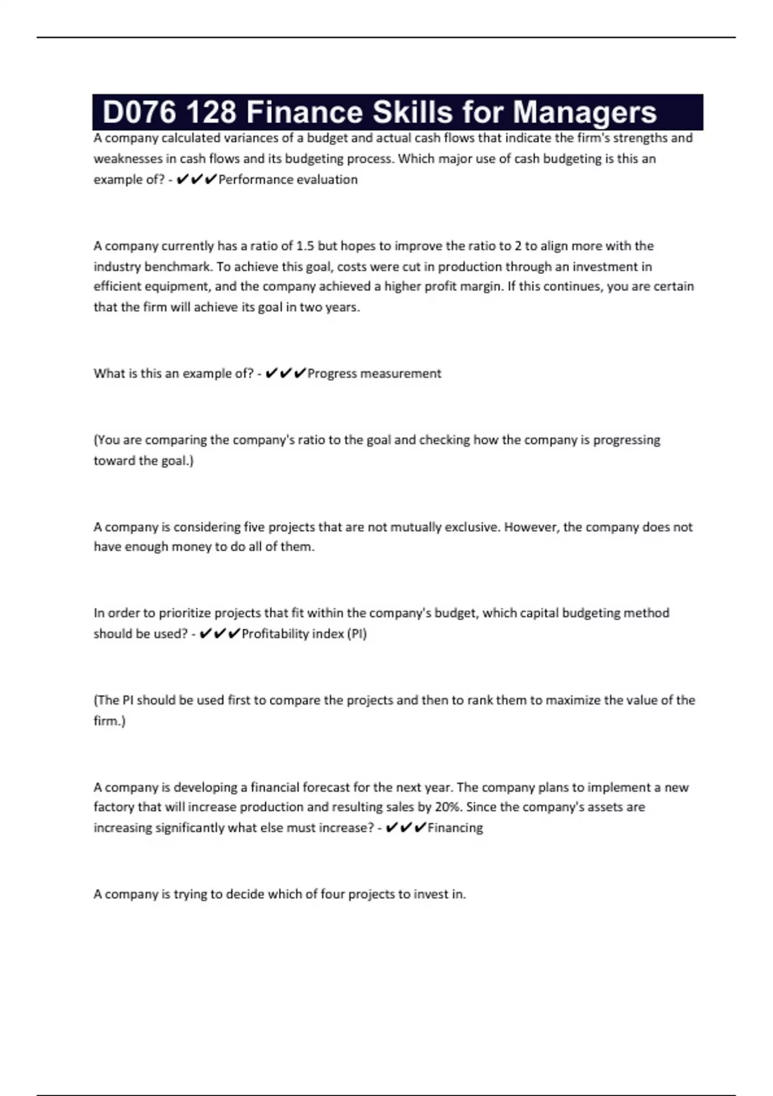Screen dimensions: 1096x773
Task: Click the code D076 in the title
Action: point(140,112)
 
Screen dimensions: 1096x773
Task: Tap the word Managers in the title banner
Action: point(584,112)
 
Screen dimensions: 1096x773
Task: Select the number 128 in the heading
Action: point(211,112)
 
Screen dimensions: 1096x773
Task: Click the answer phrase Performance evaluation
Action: point(288,180)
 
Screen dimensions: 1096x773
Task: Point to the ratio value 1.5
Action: point(305,246)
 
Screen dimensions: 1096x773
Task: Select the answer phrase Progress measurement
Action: point(374,374)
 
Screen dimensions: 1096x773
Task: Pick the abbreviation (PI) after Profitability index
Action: point(357,634)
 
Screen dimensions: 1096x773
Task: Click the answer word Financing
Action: point(455,828)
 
